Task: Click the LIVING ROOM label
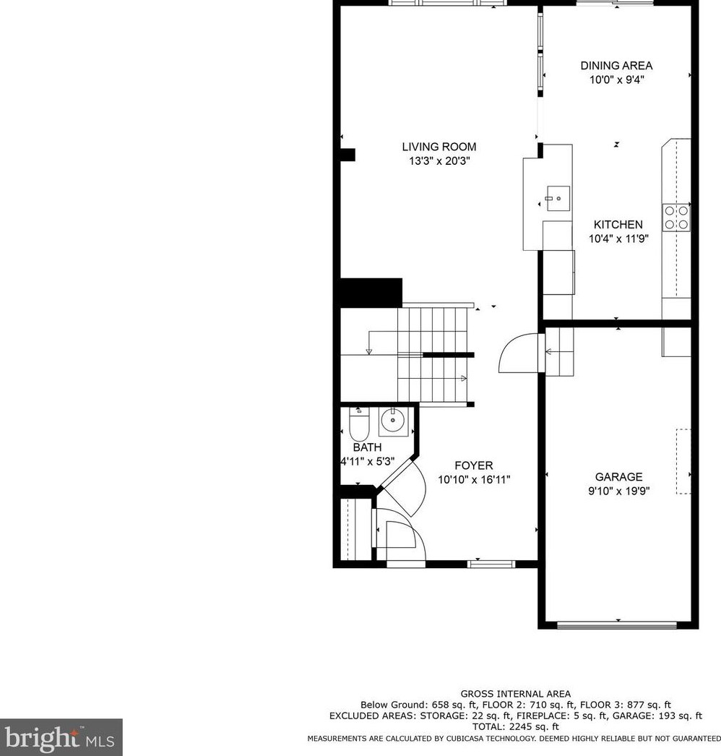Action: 439,147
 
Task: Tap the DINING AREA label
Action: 616,66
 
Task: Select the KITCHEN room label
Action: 618,225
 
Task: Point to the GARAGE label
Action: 618,477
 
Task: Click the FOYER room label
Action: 474,465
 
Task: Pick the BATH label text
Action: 367,447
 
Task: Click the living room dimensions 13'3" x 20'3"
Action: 439,161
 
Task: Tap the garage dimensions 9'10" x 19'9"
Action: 618,491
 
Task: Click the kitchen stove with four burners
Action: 677,218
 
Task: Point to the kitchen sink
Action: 557,196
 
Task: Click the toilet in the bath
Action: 359,426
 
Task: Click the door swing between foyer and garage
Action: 519,353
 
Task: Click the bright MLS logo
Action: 61,737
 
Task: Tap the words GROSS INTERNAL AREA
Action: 515,694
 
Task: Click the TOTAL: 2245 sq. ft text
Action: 515,726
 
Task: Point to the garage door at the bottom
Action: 618,624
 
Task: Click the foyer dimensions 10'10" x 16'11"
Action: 474,479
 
